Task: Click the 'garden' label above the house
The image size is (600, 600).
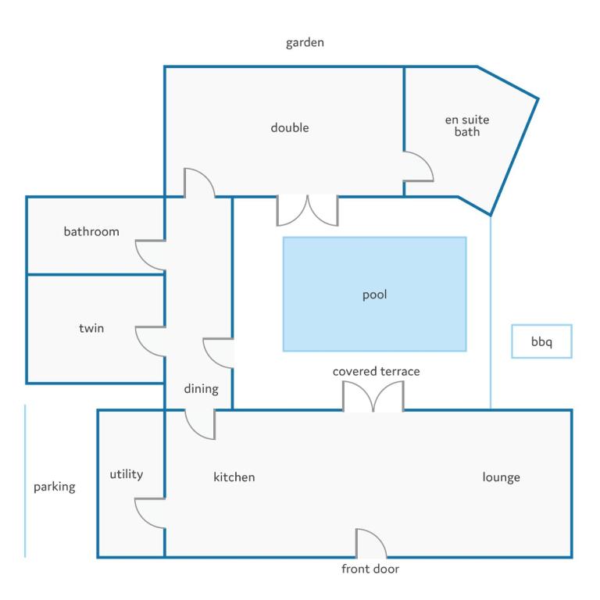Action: click(x=305, y=42)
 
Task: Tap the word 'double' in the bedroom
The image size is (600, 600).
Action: click(x=290, y=127)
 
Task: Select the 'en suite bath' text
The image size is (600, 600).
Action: click(x=467, y=126)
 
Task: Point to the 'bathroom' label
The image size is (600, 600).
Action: click(x=91, y=231)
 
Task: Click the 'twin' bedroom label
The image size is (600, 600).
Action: click(x=91, y=328)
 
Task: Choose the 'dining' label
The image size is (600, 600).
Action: click(x=202, y=389)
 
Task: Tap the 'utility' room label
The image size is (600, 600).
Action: click(x=127, y=474)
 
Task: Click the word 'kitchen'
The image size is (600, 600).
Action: click(x=234, y=477)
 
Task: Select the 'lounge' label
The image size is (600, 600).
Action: click(x=502, y=477)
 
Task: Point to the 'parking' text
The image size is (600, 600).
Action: click(x=55, y=487)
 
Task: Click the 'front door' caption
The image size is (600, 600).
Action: click(x=370, y=569)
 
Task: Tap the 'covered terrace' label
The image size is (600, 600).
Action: click(x=376, y=371)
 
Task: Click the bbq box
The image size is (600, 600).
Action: click(x=542, y=341)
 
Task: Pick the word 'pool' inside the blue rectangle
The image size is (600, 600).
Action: click(x=375, y=295)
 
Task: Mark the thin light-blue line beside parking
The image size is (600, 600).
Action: click(x=25, y=481)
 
